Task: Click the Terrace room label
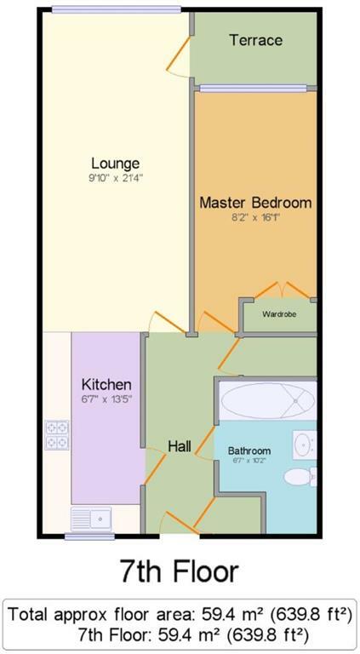[x=255, y=40]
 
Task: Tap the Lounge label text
[x=116, y=163]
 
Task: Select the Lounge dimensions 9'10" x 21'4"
[x=117, y=179]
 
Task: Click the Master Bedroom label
[x=255, y=203]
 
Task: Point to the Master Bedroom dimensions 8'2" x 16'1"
[x=256, y=218]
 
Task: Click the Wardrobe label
[x=279, y=314]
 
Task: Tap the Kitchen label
[x=106, y=383]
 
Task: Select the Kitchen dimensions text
[x=106, y=398]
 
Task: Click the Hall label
[x=179, y=446]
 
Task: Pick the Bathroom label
[x=249, y=450]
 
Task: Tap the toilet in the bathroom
[x=300, y=475]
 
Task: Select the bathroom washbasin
[x=305, y=444]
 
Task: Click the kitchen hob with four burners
[x=57, y=435]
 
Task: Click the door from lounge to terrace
[x=180, y=58]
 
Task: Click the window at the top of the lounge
[x=115, y=10]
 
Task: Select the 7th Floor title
[x=180, y=571]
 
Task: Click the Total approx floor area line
[x=180, y=613]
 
